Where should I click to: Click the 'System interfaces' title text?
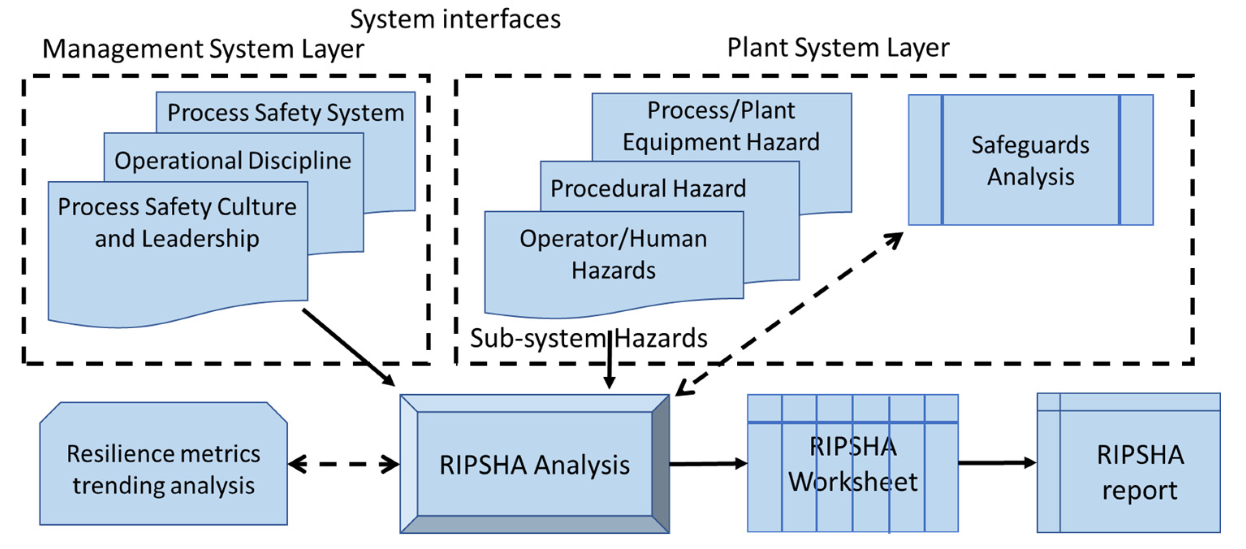click(455, 20)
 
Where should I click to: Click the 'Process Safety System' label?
click(286, 113)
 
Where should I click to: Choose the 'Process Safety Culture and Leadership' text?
click(177, 223)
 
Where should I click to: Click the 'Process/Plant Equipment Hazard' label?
click(721, 126)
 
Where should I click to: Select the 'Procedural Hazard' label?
click(648, 188)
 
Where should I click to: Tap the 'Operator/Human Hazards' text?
click(613, 254)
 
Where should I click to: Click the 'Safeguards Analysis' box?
click(1031, 160)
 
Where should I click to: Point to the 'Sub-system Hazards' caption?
click(589, 338)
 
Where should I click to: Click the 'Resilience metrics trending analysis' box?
click(164, 463)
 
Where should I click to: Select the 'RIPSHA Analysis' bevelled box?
click(534, 464)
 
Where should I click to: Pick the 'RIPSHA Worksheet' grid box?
click(853, 463)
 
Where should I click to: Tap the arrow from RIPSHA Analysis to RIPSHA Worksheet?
click(708, 464)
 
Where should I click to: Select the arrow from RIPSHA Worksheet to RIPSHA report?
click(998, 463)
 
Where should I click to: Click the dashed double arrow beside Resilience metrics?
click(343, 464)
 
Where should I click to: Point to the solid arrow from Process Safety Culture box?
click(349, 347)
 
